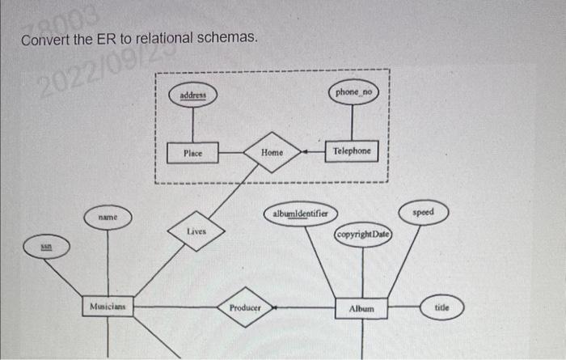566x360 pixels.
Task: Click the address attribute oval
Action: (x=192, y=95)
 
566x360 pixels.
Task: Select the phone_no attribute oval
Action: (x=353, y=93)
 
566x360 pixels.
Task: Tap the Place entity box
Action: (x=192, y=151)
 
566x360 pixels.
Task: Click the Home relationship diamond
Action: (x=272, y=151)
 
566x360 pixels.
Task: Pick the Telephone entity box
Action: (x=352, y=151)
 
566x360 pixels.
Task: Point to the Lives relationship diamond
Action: (x=196, y=232)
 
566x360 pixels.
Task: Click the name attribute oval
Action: (x=108, y=218)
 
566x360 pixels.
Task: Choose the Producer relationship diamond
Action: (x=245, y=308)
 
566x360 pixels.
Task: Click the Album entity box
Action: (x=361, y=309)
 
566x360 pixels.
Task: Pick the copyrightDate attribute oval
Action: (x=363, y=235)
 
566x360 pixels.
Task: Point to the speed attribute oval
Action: (x=422, y=213)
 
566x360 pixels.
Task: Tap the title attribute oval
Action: (x=442, y=308)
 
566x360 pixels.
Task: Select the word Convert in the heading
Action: (x=44, y=40)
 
